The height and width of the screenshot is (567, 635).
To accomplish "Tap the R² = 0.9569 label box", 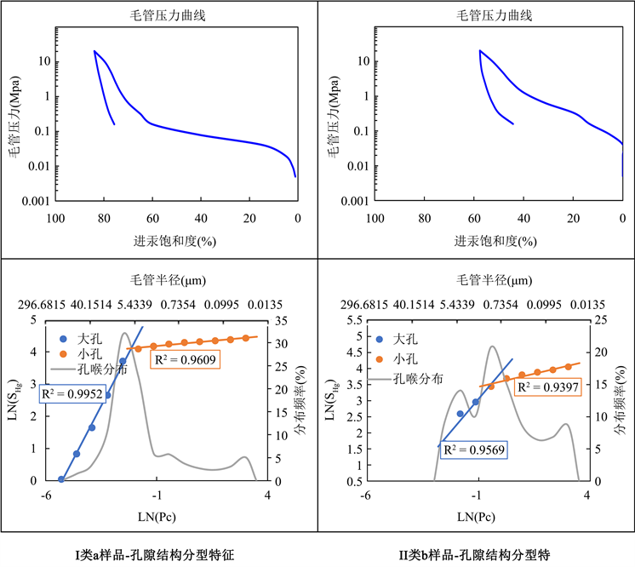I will pyautogui.click(x=472, y=449).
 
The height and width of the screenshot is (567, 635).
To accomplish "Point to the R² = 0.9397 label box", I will pyautogui.click(x=549, y=387).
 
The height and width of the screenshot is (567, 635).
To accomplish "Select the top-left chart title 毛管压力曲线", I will pyautogui.click(x=176, y=15).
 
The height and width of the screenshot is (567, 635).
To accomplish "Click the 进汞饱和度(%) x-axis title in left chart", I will pyautogui.click(x=176, y=241).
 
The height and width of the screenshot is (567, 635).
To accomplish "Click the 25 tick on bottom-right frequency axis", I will pyautogui.click(x=599, y=320).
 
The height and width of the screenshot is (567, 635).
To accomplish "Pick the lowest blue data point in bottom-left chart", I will pyautogui.click(x=61, y=479).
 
